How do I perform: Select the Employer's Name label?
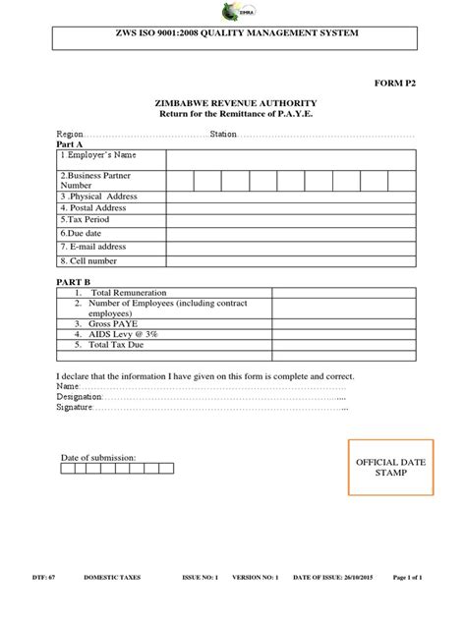[97, 155]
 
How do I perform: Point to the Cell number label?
[88, 260]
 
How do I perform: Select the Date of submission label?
[98, 457]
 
